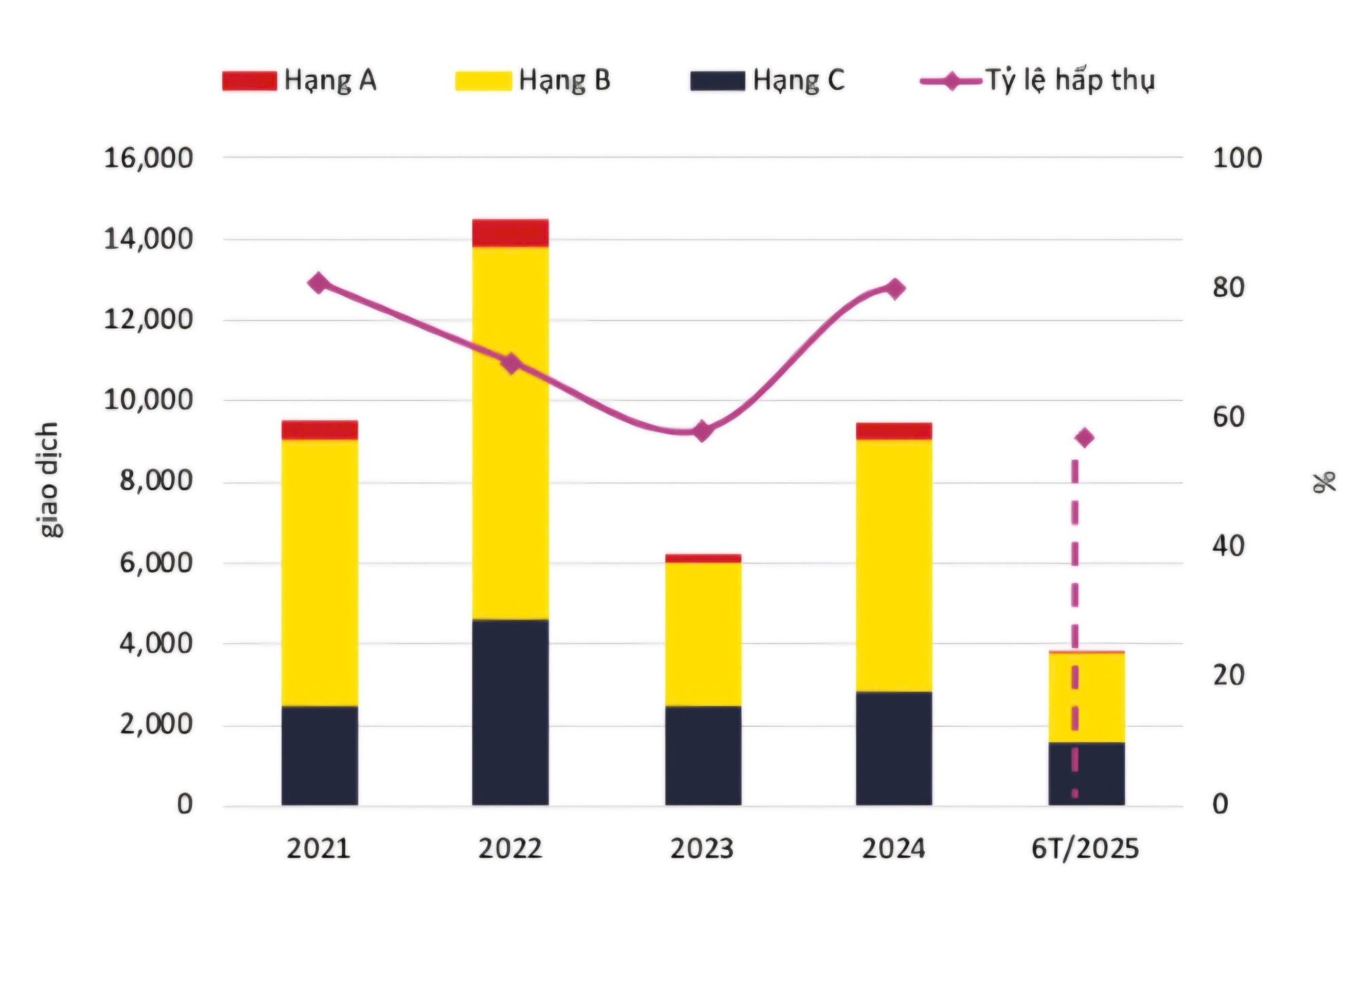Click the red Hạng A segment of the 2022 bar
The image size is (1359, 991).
pyautogui.click(x=510, y=233)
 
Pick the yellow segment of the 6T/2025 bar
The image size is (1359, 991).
pyautogui.click(x=1101, y=697)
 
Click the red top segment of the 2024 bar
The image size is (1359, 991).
pyautogui.click(x=894, y=431)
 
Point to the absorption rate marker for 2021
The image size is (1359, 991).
pyautogui.click(x=318, y=283)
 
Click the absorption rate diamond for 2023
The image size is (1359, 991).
pyautogui.click(x=703, y=431)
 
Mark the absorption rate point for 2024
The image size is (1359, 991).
pyautogui.click(x=895, y=289)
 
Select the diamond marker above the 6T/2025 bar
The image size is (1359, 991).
pyautogui.click(x=1084, y=437)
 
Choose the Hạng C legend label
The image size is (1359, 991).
pyautogui.click(x=798, y=80)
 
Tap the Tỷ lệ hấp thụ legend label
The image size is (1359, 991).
pyautogui.click(x=1070, y=80)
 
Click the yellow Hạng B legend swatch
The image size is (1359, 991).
pyautogui.click(x=482, y=81)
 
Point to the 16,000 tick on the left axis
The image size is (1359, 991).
pyautogui.click(x=148, y=158)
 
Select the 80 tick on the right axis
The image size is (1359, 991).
pyautogui.click(x=1229, y=287)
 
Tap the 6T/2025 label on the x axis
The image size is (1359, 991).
pyautogui.click(x=1084, y=849)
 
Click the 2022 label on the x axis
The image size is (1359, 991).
pyautogui.click(x=510, y=849)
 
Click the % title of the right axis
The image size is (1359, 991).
pyautogui.click(x=1324, y=481)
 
